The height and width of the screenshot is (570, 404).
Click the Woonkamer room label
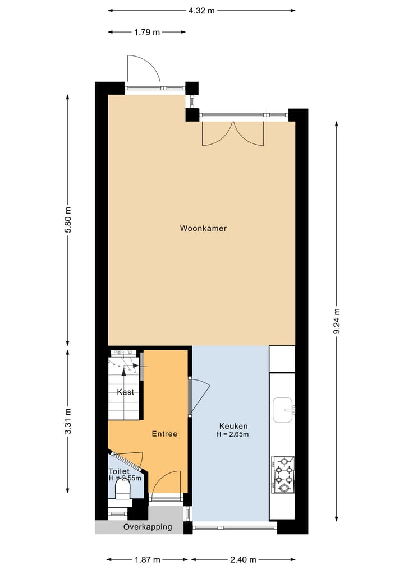point(203,228)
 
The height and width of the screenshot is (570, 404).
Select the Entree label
point(164,434)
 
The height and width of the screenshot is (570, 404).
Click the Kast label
point(125,392)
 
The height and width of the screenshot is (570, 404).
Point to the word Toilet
point(119,471)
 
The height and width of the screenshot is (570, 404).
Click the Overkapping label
point(148,527)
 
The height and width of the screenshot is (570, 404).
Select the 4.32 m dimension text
point(201,10)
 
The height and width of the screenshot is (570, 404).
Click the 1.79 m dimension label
point(146,32)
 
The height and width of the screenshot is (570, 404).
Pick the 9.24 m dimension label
point(337,322)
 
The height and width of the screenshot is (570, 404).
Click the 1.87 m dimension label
point(148,559)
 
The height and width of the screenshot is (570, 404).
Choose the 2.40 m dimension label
point(243,559)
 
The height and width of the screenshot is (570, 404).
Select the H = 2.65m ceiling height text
point(233,434)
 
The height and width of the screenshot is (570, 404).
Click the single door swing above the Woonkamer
point(144,70)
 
